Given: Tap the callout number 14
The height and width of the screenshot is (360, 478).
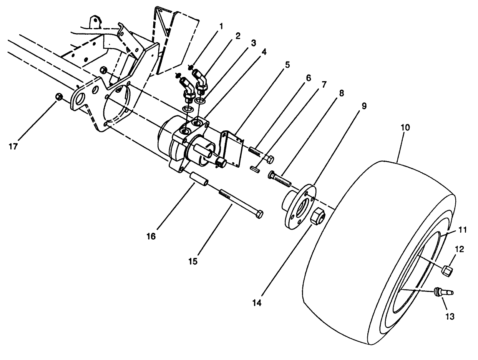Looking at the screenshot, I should point(257,303).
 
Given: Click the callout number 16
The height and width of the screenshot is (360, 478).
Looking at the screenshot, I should point(151,236).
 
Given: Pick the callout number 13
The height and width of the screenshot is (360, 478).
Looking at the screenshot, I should point(450,316).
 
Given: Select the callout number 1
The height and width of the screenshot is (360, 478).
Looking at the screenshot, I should point(221,26).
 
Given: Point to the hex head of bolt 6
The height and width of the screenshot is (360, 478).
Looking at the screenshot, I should point(270,158).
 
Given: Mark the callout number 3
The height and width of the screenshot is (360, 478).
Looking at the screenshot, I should point(253,43).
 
